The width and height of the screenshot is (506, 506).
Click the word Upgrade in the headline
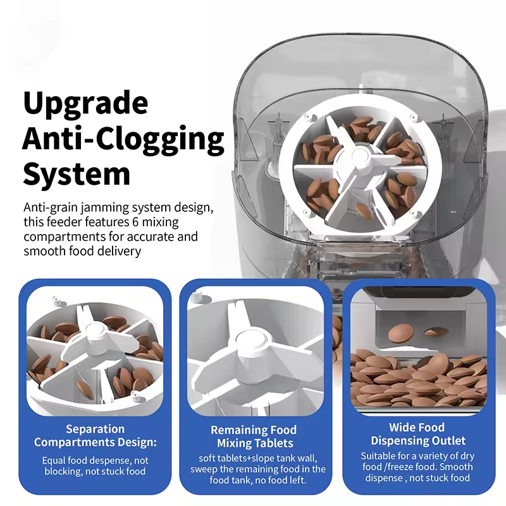(x=85, y=103)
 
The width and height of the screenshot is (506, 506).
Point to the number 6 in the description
(x=135, y=222)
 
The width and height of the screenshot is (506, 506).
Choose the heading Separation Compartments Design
(x=96, y=435)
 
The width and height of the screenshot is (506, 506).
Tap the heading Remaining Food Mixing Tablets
(x=254, y=436)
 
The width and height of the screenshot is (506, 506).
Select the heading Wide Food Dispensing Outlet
(x=417, y=434)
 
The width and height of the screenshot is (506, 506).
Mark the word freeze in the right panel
(x=408, y=467)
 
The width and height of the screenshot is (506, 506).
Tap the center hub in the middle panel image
(x=251, y=342)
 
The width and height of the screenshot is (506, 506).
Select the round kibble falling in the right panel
(x=401, y=333)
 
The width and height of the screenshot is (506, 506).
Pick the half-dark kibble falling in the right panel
(x=436, y=332)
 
